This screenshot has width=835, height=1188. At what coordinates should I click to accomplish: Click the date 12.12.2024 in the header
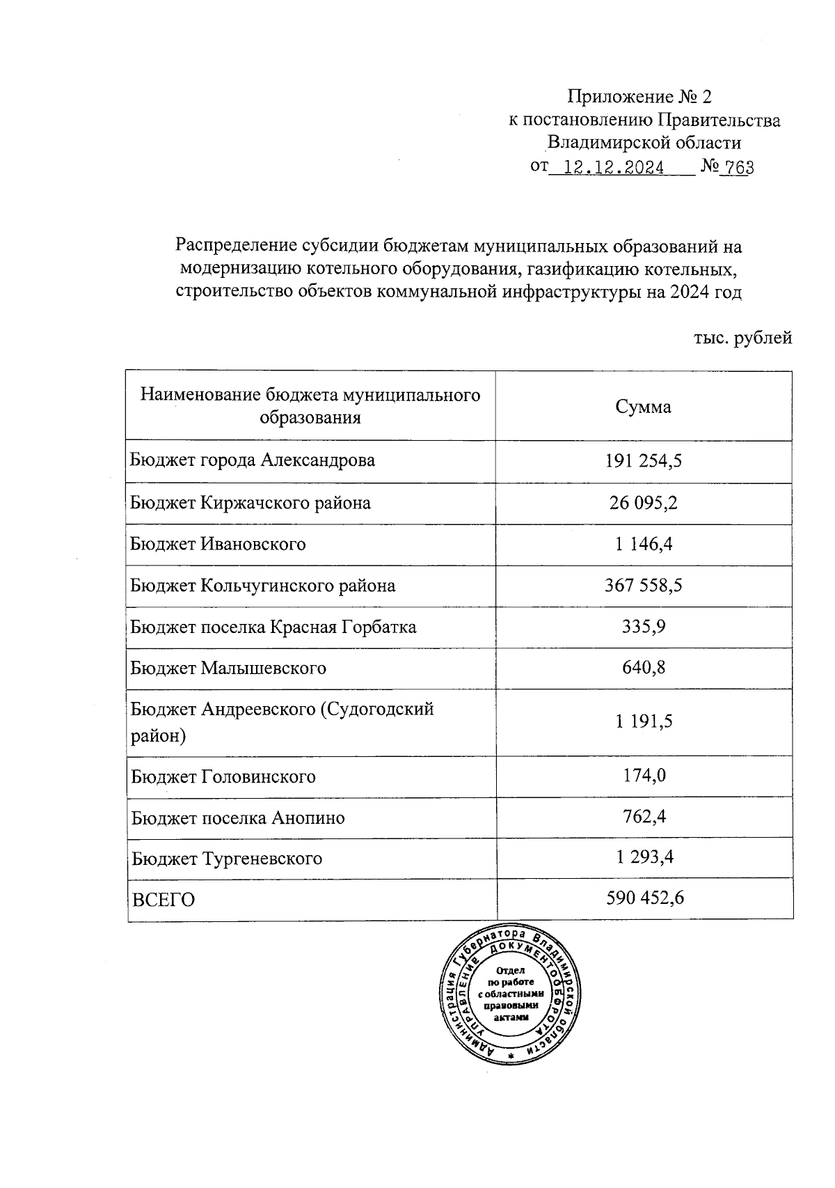[x=612, y=167]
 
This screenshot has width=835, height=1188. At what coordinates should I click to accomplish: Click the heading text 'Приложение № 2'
[x=640, y=96]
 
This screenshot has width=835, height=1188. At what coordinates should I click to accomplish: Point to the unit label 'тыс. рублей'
[x=743, y=338]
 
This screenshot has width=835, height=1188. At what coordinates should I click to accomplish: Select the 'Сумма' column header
[x=643, y=407]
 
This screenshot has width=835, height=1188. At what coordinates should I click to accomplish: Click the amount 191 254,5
[x=643, y=461]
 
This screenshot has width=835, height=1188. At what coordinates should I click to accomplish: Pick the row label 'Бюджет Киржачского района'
[x=250, y=503]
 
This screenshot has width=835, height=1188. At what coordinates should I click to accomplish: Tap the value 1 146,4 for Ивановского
[x=643, y=544]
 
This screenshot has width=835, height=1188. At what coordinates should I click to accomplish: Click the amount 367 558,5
[x=643, y=585]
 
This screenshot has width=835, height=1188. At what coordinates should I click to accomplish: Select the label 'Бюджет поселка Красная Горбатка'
[x=273, y=627]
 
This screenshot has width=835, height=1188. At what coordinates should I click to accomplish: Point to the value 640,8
[x=643, y=668]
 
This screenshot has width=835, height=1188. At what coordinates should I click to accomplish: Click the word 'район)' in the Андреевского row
[x=158, y=735]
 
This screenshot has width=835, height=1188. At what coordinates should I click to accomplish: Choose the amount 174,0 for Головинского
[x=643, y=775]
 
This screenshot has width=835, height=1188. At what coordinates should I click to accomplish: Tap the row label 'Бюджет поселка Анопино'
[x=238, y=818]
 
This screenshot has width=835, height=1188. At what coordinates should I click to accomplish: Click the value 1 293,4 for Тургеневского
[x=644, y=857]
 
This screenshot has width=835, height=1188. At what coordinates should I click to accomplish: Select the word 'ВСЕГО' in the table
[x=164, y=900]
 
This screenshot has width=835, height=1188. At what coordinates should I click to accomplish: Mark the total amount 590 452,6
[x=644, y=898]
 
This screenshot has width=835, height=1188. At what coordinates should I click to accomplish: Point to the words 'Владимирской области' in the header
[x=644, y=143]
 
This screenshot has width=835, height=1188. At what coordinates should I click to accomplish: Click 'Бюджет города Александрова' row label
[x=253, y=460]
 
